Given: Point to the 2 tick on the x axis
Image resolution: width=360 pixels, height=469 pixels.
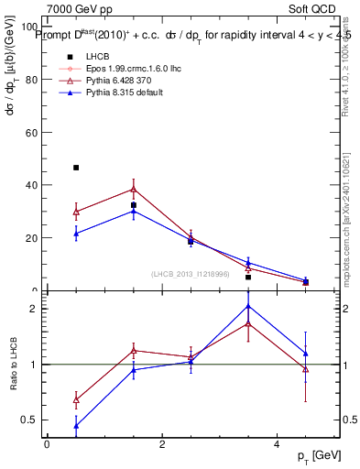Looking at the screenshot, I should tap(161, 444).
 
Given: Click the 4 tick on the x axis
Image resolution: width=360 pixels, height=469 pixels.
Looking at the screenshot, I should tap(277, 444).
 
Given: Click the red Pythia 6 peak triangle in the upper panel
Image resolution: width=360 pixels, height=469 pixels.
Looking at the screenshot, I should tap(134, 189).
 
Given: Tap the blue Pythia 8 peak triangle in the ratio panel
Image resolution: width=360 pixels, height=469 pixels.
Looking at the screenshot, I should tap(248, 306).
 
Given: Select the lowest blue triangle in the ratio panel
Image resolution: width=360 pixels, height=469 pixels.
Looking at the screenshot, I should tap(76, 426).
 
